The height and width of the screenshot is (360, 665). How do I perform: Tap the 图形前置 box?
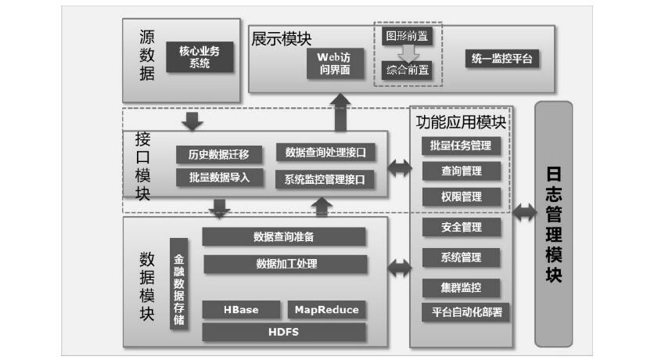[406, 36]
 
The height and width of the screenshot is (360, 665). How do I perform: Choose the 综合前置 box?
[407, 70]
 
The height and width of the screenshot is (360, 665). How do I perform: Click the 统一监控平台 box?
[505, 59]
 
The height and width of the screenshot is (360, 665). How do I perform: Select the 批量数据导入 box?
[218, 177]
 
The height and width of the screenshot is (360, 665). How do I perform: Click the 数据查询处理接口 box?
[325, 152]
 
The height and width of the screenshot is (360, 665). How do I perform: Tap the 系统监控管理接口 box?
[325, 179]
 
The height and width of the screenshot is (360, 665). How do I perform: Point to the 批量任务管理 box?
[461, 146]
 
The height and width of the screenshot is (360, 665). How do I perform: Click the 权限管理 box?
[461, 196]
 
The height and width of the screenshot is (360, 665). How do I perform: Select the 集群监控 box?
[461, 287]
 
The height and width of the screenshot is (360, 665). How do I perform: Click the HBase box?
[241, 309]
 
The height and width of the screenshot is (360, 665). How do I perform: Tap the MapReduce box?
[326, 309]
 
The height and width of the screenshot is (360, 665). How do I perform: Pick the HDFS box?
[283, 332]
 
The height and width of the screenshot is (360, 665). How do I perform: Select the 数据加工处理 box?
[286, 264]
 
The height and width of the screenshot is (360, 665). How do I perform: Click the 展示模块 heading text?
[280, 39]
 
